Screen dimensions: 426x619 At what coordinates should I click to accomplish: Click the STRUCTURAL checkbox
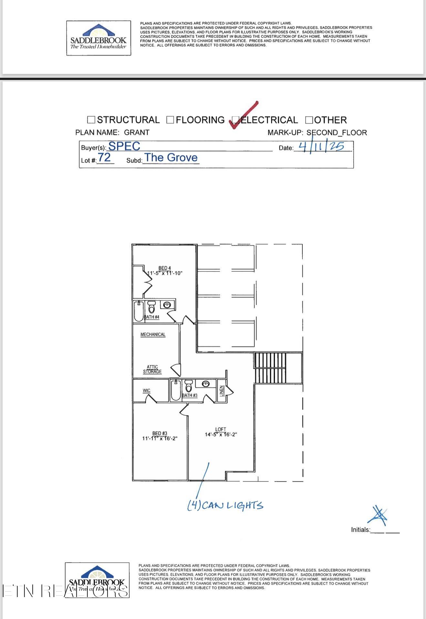coord(91,120)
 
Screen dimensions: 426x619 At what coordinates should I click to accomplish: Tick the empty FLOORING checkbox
coord(170,120)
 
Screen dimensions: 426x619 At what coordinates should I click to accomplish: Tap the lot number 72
coord(104,157)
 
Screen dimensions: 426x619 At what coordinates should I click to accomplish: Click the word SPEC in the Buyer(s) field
coord(124,146)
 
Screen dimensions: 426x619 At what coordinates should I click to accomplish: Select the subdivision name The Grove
coord(171,157)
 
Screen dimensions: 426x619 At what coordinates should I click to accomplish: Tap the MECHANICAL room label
coord(153,334)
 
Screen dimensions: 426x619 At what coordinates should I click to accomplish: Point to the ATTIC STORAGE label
coord(152,369)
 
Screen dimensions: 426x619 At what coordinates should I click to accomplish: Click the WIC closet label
coord(147,391)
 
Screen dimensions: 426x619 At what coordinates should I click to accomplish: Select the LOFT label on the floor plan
coord(221,429)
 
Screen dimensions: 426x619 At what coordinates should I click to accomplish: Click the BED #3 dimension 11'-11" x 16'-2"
coord(160,438)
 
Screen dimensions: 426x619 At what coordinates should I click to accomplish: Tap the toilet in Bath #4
coord(151,307)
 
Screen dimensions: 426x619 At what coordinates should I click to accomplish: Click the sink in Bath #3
coord(206,384)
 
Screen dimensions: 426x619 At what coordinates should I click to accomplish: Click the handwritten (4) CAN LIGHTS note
coord(225,505)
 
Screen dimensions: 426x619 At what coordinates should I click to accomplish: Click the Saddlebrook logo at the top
coord(99,38)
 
